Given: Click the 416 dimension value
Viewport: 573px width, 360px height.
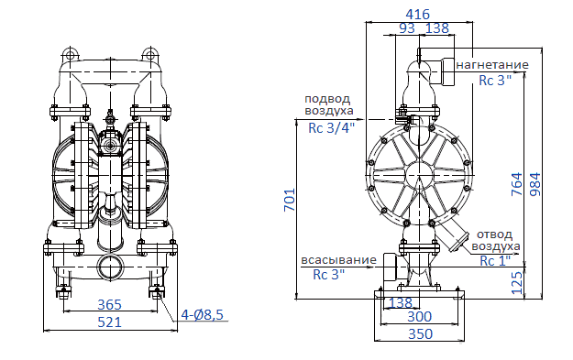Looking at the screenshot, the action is (x=417, y=15).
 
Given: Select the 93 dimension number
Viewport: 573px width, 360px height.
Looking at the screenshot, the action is (x=407, y=28).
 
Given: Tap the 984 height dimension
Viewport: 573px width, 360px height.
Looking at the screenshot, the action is (x=535, y=184).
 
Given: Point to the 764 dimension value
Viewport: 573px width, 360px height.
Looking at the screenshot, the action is (x=517, y=184).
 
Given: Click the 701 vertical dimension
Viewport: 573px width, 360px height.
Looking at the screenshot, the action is (x=290, y=200).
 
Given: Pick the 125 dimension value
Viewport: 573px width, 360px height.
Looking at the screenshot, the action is (x=517, y=283).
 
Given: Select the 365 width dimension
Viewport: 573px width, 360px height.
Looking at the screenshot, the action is (x=109, y=304).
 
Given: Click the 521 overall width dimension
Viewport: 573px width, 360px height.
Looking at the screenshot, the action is (x=109, y=322).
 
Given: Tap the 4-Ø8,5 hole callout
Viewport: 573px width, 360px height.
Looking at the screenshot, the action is (x=202, y=314).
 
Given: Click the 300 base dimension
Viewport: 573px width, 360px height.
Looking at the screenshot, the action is (x=420, y=317).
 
